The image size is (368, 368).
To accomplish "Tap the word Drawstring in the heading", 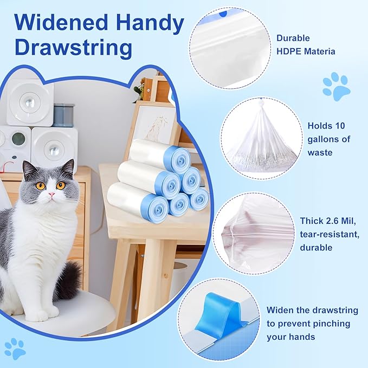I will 73,48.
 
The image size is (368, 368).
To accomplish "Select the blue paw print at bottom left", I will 15,348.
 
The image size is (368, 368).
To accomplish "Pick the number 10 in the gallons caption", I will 340,125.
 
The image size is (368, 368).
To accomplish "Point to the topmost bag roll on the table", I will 160,155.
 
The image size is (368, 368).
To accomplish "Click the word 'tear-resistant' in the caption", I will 328,234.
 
